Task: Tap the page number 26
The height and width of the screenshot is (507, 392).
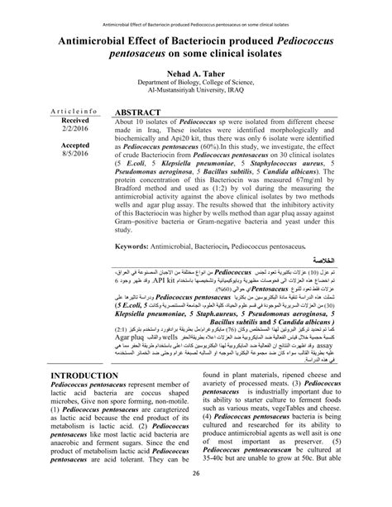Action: (196, 495)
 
